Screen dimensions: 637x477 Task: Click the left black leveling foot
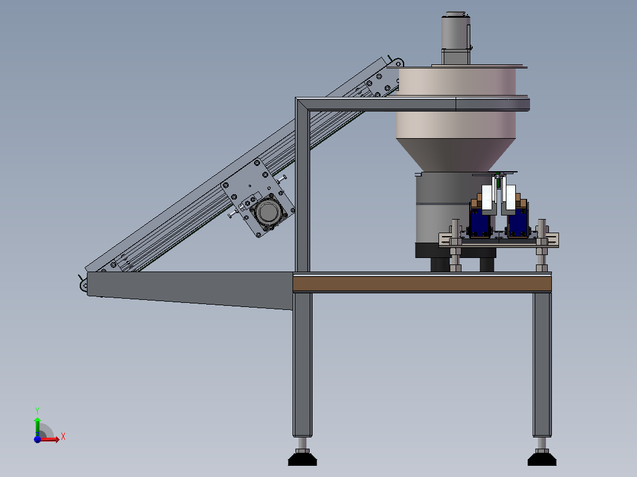click(303, 459)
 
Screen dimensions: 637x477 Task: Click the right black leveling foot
click(542, 459)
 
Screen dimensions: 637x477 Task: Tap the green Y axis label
click(37, 410)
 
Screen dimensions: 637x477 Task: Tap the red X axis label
click(63, 437)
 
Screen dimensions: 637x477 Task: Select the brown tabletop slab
click(422, 283)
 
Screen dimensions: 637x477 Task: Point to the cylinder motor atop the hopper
click(456, 38)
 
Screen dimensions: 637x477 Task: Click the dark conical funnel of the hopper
click(456, 155)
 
